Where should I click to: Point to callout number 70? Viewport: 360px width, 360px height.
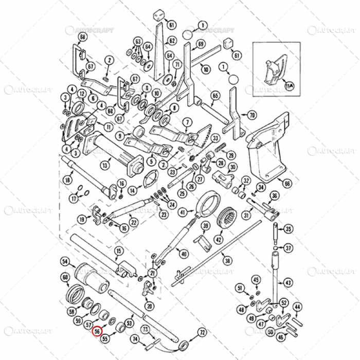[x=251, y=115]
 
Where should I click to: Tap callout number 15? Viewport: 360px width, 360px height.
[x=119, y=250]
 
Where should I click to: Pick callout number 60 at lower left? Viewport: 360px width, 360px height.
[x=65, y=278]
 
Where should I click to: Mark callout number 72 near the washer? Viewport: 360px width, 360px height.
[x=202, y=332]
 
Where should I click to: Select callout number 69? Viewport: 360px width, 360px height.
[x=201, y=44]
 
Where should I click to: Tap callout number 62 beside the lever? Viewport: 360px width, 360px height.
[x=172, y=41]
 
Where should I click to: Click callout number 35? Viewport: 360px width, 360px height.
[x=289, y=229]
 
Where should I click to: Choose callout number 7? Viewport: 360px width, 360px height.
[x=188, y=122]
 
